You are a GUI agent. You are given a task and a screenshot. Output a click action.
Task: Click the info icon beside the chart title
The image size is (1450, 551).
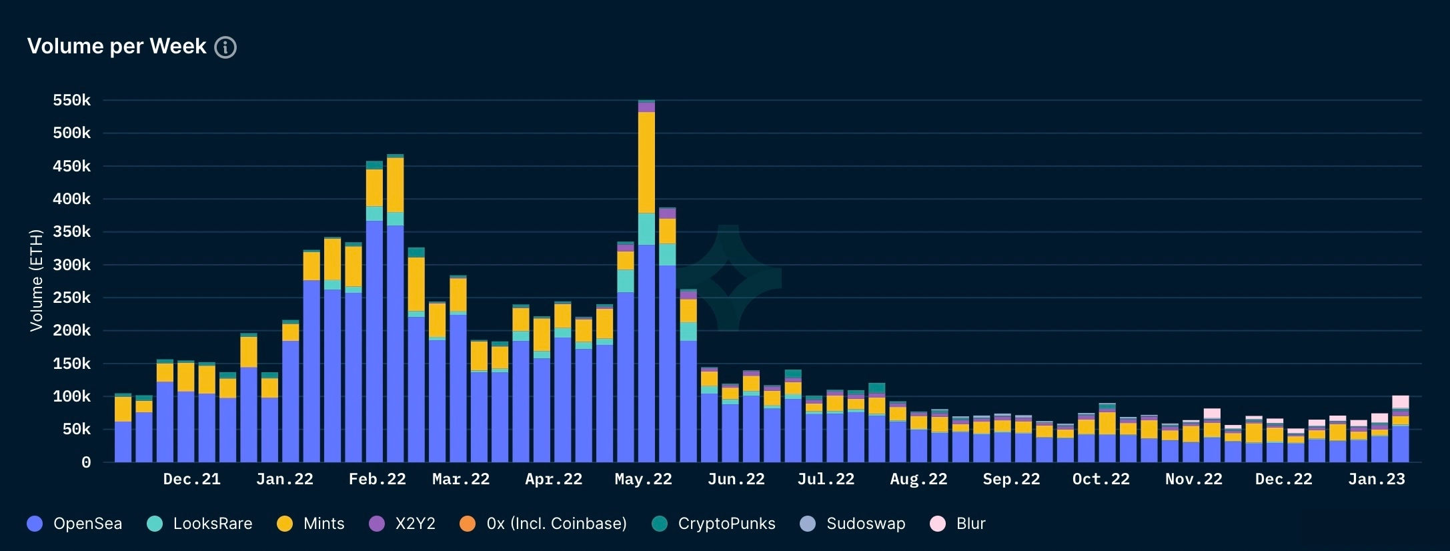point(225,47)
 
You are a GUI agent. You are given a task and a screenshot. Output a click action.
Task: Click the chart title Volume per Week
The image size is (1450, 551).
point(117,46)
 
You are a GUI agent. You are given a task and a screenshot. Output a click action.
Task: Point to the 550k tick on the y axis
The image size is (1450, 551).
point(72,101)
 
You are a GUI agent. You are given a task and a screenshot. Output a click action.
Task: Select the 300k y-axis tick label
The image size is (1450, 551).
point(72,265)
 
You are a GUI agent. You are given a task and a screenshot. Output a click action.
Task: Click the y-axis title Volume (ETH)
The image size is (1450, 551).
point(36,280)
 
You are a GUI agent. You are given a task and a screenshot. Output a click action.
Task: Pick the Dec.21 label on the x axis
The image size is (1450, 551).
point(191,480)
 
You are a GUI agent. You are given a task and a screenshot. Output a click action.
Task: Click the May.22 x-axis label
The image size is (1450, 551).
point(643,480)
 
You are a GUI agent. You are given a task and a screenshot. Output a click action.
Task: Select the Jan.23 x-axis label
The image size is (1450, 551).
point(1376,480)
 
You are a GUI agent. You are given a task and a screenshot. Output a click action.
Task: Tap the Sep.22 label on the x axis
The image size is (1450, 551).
point(1011,480)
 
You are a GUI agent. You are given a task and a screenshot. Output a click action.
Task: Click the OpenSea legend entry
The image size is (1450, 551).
point(75,524)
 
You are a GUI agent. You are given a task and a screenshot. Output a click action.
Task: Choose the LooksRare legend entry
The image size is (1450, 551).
point(200,524)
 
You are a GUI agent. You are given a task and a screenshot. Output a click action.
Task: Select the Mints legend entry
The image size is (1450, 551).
point(311,524)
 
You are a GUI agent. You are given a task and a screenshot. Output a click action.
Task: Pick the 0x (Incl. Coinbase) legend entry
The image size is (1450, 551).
point(544,524)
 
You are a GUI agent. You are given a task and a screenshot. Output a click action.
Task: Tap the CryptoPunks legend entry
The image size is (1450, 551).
point(714,524)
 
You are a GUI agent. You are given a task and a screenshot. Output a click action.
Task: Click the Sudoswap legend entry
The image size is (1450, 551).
point(853,524)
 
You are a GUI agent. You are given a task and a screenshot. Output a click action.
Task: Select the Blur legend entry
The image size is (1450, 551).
point(958,524)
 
